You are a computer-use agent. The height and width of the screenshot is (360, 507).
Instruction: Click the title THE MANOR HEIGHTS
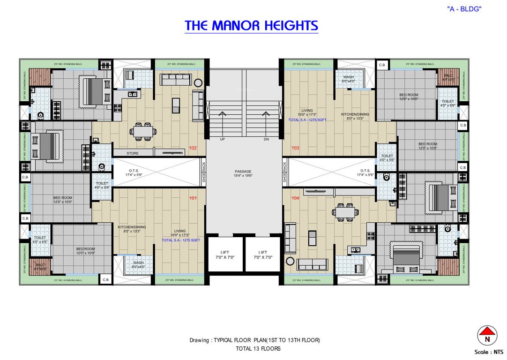click(252, 25)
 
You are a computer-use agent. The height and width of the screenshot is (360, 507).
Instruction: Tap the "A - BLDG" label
click(464, 9)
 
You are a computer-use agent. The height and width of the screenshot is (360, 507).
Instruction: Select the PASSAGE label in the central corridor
click(243, 172)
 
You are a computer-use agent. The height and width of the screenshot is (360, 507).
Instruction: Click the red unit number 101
click(193, 198)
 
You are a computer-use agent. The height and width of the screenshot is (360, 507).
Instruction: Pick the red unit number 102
click(193, 148)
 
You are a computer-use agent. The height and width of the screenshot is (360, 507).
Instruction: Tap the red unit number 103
click(295, 148)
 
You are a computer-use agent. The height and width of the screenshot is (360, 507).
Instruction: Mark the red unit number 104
click(295, 198)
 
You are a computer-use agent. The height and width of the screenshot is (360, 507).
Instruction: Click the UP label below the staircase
click(223, 139)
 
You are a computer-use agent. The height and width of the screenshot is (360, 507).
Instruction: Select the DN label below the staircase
click(266, 139)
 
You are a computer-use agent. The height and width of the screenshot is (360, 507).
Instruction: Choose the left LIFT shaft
click(224, 255)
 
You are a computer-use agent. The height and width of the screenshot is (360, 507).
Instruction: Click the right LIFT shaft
click(262, 255)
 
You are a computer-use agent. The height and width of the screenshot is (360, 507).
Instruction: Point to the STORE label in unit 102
click(133, 153)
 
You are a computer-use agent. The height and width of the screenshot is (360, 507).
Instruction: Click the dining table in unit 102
click(143, 131)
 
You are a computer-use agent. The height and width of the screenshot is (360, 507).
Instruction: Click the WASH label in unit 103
click(348, 77)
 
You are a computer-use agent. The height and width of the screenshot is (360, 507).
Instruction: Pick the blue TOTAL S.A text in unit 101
click(181, 240)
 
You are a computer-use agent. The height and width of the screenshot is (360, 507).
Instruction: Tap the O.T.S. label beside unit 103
click(365, 171)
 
